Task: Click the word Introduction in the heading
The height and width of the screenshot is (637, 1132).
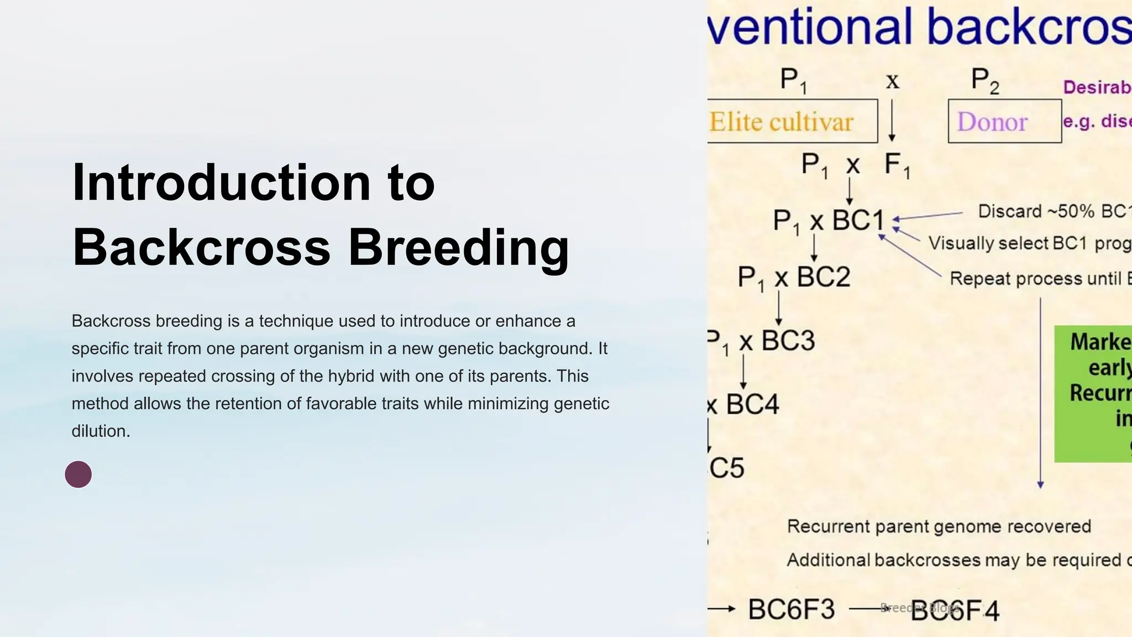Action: pyautogui.click(x=221, y=184)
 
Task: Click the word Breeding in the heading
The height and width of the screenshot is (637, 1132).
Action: pyautogui.click(x=458, y=247)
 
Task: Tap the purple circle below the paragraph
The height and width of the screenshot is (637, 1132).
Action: pyautogui.click(x=78, y=474)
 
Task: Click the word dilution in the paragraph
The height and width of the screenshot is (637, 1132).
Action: pyautogui.click(x=100, y=431)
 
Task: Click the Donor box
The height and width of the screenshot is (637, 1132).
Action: pyautogui.click(x=1004, y=122)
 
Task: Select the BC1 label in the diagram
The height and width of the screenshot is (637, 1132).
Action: pyautogui.click(x=858, y=220)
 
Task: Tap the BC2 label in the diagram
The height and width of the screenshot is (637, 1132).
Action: pyautogui.click(x=823, y=276)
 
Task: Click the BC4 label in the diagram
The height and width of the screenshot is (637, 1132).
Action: pyautogui.click(x=752, y=405)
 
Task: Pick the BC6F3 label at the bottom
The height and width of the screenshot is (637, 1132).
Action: pyautogui.click(x=791, y=609)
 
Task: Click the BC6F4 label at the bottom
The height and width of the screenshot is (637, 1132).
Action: pyautogui.click(x=955, y=611)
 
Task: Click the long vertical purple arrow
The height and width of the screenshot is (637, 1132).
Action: pyautogui.click(x=1040, y=393)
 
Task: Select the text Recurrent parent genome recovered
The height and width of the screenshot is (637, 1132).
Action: pyautogui.click(x=939, y=526)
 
